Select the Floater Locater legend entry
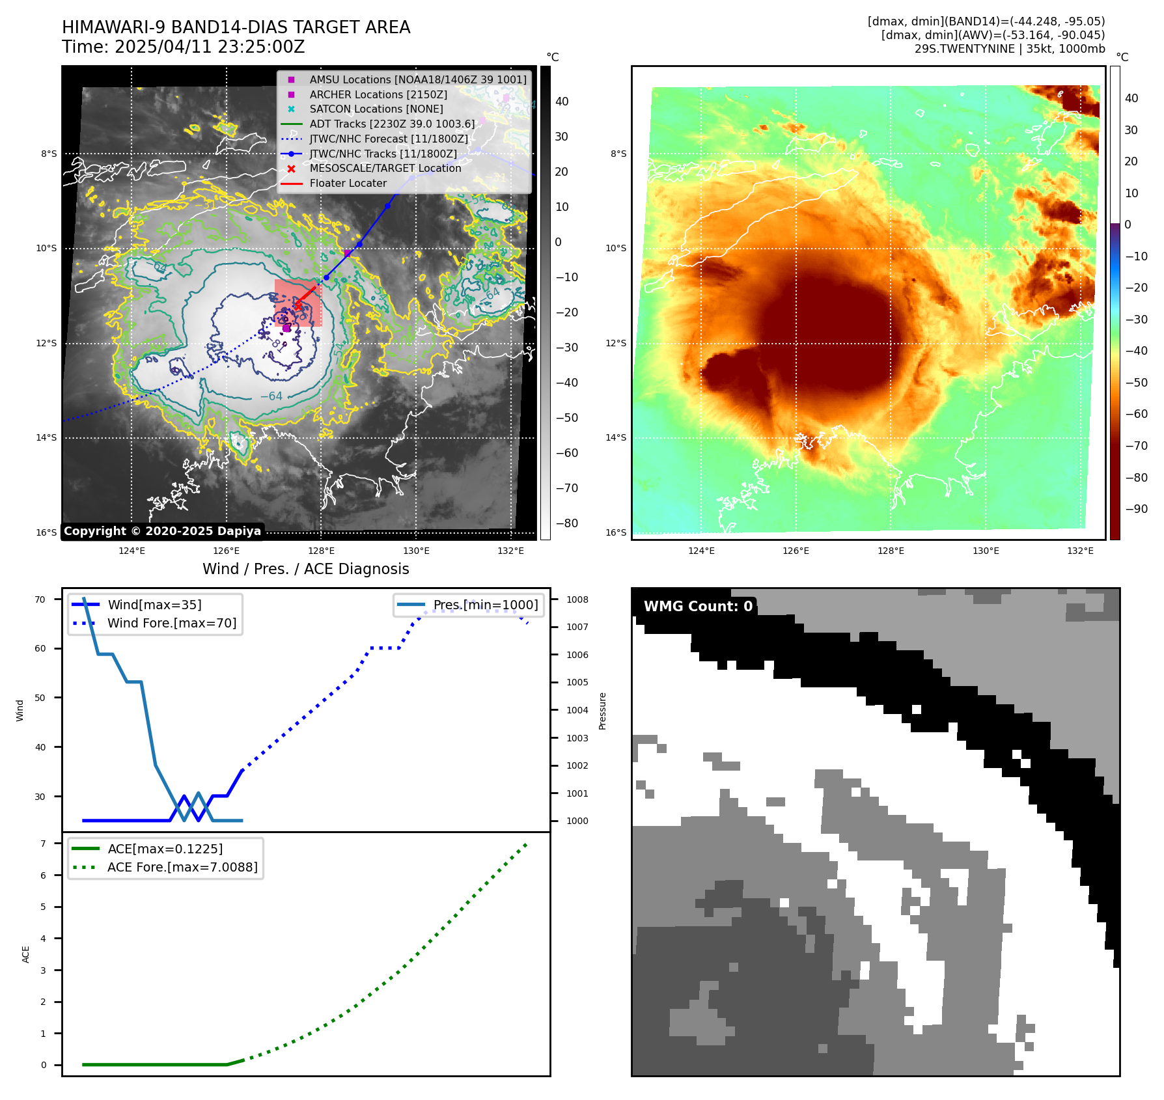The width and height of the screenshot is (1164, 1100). (x=348, y=184)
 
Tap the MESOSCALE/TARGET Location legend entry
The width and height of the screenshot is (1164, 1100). (x=385, y=169)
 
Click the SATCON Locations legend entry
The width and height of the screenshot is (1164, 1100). (x=376, y=109)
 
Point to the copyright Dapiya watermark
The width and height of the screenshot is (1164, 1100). (x=162, y=531)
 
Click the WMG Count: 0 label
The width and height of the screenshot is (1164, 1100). (x=698, y=607)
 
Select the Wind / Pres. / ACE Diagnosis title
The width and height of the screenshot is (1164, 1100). (x=305, y=569)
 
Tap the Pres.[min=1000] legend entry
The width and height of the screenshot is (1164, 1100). (x=486, y=605)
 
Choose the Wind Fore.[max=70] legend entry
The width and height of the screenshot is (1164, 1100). (x=172, y=623)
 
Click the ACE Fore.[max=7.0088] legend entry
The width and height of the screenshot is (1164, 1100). (x=182, y=867)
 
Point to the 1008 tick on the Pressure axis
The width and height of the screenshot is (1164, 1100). (x=577, y=599)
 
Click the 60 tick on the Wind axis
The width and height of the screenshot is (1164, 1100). (x=40, y=648)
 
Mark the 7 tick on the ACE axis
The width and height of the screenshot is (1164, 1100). (x=43, y=844)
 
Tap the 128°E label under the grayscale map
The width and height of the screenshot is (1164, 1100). (x=321, y=551)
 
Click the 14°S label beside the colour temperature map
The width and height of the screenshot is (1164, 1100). (x=616, y=437)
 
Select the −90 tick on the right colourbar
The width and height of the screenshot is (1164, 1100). (x=1136, y=509)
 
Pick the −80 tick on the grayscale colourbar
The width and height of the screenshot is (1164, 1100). (x=566, y=523)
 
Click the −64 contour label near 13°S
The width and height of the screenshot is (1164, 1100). (x=271, y=396)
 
